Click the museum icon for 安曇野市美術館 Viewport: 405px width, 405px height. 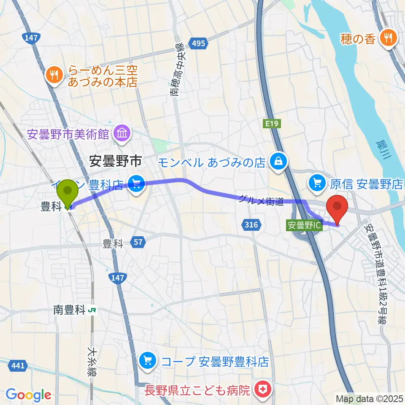122,135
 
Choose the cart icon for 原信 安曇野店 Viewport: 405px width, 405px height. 318,183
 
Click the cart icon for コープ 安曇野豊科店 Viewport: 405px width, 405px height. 147,361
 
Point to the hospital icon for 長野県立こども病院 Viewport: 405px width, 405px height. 263,388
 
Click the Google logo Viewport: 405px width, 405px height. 29,395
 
